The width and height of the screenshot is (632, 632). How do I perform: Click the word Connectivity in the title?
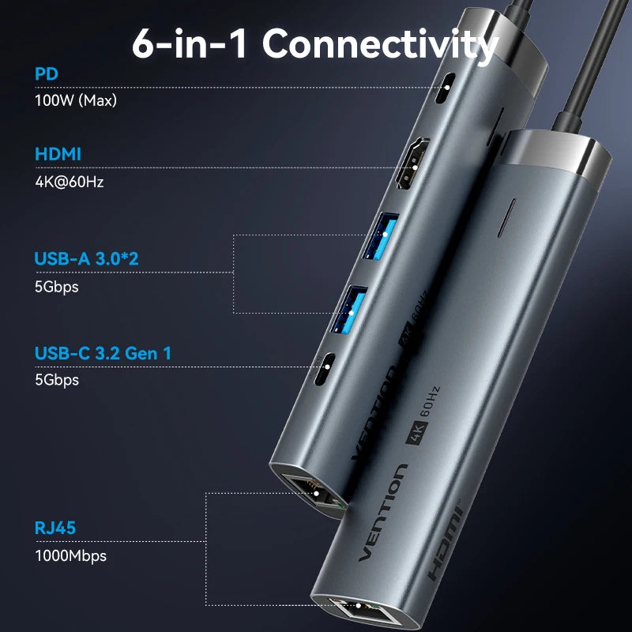point(380,44)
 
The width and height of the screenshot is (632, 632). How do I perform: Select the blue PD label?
point(47,74)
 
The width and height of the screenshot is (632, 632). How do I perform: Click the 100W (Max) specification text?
point(70,100)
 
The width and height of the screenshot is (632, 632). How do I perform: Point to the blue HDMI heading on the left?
point(58,154)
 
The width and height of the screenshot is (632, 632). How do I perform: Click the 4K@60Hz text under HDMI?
point(70,181)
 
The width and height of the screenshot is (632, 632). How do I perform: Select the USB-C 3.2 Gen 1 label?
point(103,353)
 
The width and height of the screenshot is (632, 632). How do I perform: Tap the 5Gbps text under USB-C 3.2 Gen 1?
point(57,380)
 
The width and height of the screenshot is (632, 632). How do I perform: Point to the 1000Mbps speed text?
point(70,555)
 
